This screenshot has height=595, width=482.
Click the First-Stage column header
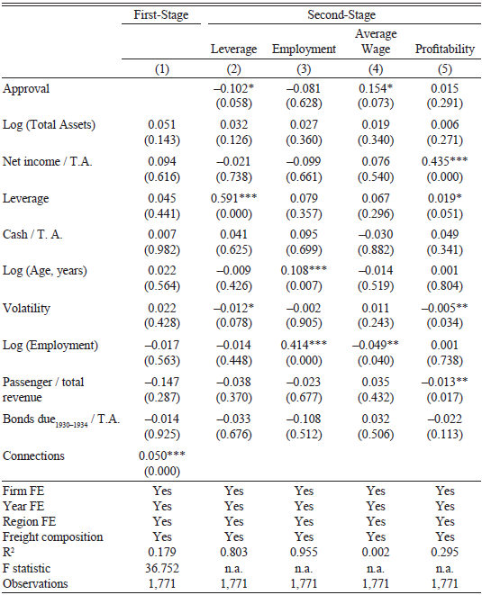[x=162, y=15]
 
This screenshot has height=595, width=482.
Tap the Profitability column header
[x=444, y=50]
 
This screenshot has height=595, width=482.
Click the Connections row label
[x=34, y=456]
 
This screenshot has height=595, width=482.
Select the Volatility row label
[x=26, y=308]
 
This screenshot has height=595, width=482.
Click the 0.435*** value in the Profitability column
[x=443, y=162]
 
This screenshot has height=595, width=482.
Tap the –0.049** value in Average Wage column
[x=376, y=346]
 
